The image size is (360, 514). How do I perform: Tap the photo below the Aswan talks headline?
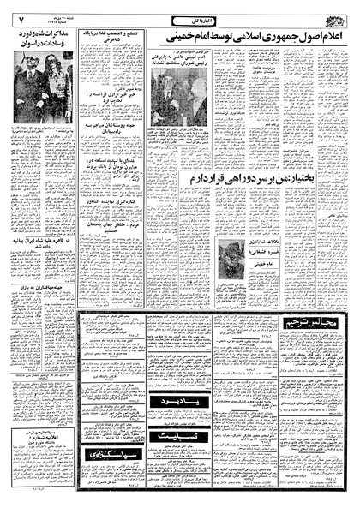point(42,82)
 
